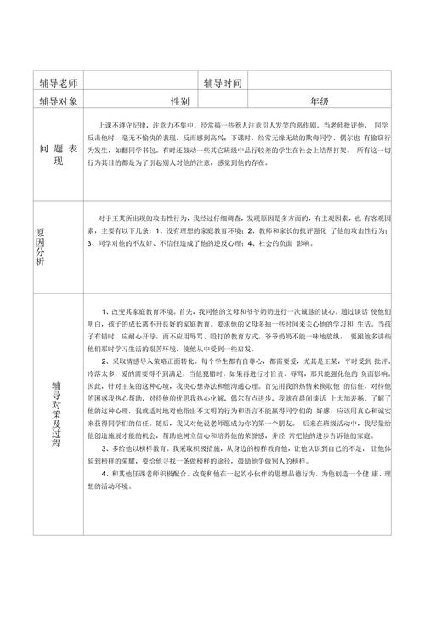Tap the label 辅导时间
pos(224,83)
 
